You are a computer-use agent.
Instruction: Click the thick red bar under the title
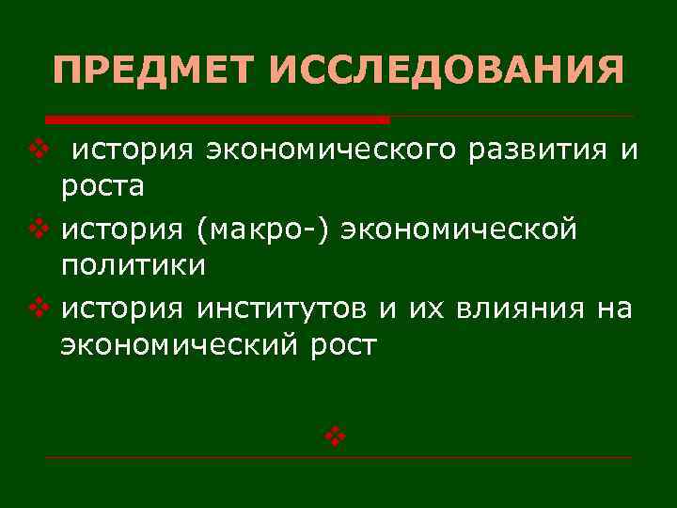coord(218,119)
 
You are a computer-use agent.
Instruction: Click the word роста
coord(102,187)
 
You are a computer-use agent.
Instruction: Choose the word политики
coord(133,266)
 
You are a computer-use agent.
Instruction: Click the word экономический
coord(178,346)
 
